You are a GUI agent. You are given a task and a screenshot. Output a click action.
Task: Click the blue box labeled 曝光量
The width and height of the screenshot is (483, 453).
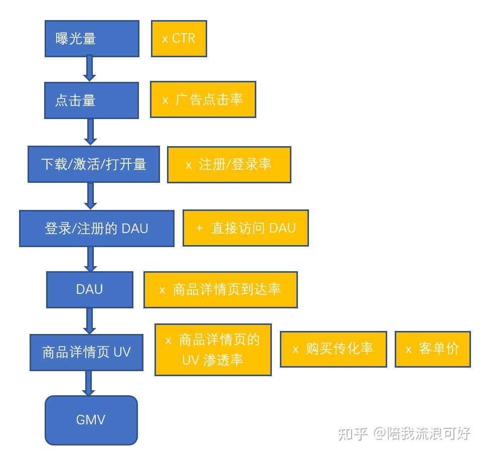pyautogui.click(x=92, y=39)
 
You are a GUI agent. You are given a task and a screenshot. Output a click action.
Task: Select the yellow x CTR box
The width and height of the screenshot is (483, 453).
pyautogui.click(x=179, y=39)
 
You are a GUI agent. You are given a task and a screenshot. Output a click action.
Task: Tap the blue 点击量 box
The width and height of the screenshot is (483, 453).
pyautogui.click(x=91, y=100)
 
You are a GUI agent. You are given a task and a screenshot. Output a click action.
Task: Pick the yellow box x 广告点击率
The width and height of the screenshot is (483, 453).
pyautogui.click(x=203, y=99)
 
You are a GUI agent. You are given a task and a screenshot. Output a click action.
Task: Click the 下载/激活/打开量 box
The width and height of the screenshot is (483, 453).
pyautogui.click(x=94, y=164)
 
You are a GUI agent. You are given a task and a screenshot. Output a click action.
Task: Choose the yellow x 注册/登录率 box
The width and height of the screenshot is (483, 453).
pyautogui.click(x=229, y=165)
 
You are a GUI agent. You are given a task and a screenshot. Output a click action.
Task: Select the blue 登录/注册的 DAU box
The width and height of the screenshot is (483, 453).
pyautogui.click(x=97, y=229)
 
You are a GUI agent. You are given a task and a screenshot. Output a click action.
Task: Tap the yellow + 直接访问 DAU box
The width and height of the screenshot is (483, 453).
pyautogui.click(x=245, y=228)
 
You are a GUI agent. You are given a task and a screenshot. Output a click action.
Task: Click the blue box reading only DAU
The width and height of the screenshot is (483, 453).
pyautogui.click(x=90, y=290)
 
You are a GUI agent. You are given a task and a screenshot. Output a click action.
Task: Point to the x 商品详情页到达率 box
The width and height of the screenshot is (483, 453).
pyautogui.click(x=221, y=290)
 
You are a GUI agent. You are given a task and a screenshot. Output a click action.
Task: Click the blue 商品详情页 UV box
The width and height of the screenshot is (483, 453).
pyautogui.click(x=86, y=352)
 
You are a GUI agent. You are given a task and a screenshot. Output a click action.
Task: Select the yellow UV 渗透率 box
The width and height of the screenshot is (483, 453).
pyautogui.click(x=213, y=350)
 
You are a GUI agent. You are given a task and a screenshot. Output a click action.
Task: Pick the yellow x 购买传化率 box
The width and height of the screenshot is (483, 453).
pyautogui.click(x=334, y=349)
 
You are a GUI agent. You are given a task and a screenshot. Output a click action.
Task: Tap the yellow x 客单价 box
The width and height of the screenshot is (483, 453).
pyautogui.click(x=433, y=349)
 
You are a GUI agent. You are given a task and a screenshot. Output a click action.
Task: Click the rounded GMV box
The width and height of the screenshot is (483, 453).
pyautogui.click(x=91, y=420)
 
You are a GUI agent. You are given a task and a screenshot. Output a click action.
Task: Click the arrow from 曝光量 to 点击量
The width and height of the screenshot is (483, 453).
pyautogui.click(x=90, y=69)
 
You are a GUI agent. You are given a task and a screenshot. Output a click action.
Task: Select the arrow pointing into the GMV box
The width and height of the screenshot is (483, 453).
pyautogui.click(x=89, y=383)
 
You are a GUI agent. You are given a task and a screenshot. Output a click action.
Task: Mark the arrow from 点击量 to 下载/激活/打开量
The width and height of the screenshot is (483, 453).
pyautogui.click(x=90, y=132)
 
